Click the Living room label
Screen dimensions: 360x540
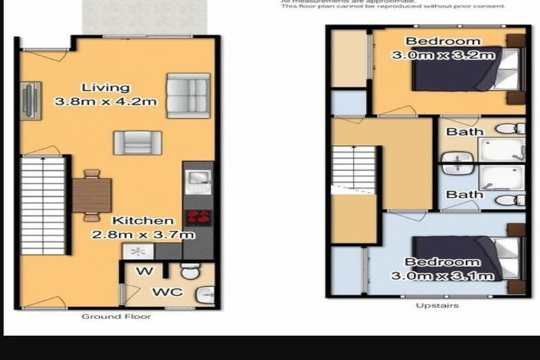point(105,88)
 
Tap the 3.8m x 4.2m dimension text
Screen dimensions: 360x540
point(105,101)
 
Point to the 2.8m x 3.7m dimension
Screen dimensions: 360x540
point(143,234)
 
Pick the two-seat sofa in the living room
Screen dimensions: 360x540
point(188,95)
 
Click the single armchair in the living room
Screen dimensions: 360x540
point(132,143)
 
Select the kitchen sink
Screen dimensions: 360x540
point(198,179)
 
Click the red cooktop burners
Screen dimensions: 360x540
point(198,217)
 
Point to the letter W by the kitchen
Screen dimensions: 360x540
point(141,270)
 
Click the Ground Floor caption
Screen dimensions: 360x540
point(116,316)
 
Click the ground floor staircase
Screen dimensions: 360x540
point(43,205)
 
